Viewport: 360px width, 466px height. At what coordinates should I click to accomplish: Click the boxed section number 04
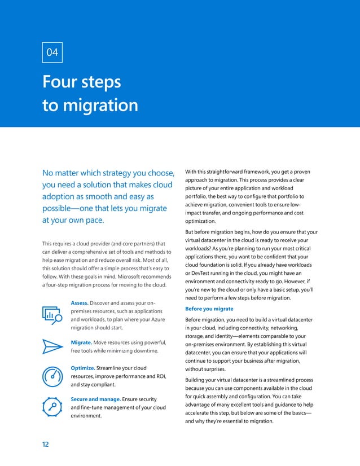click(x=52, y=52)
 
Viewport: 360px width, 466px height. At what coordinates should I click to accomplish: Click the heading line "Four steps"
click(x=82, y=82)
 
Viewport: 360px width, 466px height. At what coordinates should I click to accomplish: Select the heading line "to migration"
click(x=90, y=105)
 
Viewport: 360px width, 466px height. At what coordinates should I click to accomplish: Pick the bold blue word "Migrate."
click(x=81, y=342)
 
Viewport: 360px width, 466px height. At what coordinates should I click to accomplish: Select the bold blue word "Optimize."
click(x=83, y=368)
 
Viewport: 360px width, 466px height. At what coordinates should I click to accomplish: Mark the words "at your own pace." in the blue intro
click(x=73, y=221)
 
